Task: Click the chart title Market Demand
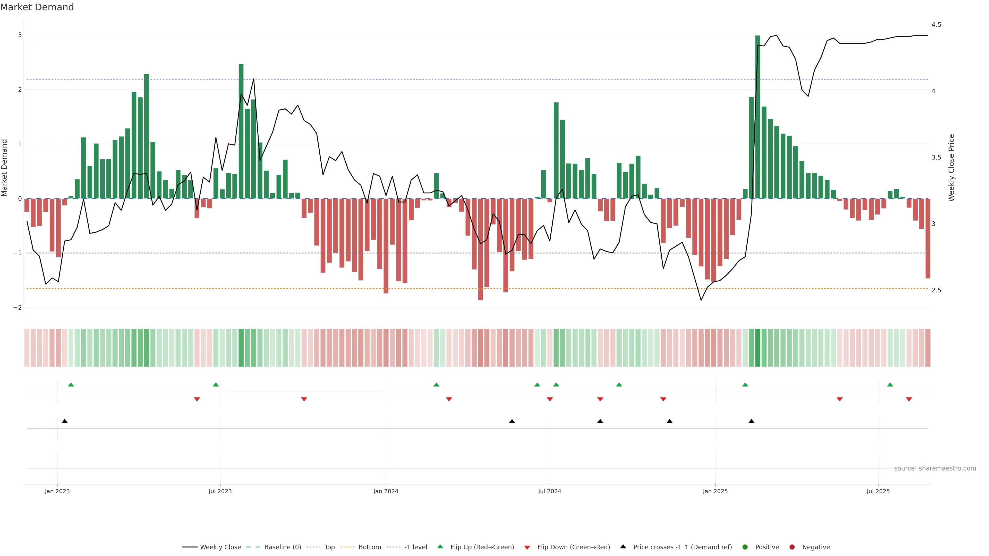click(37, 7)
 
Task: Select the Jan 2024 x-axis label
click(386, 491)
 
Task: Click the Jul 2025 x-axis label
click(878, 491)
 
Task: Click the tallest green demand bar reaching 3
click(757, 115)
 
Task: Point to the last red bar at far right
click(927, 238)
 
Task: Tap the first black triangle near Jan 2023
click(64, 421)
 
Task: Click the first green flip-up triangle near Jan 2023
click(71, 385)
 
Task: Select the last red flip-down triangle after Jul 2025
click(909, 399)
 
